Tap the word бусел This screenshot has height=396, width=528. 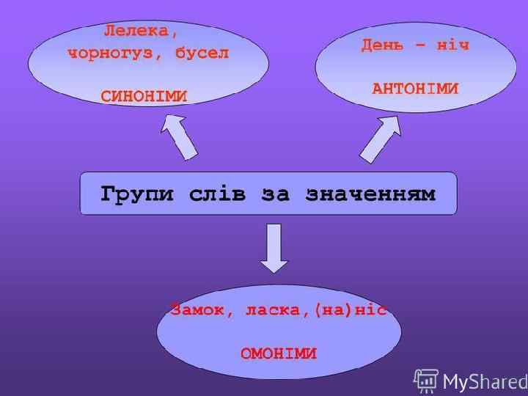(x=202, y=54)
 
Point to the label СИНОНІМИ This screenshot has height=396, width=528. (x=144, y=96)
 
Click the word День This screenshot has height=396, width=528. (x=381, y=45)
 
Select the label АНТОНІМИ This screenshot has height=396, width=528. (x=415, y=89)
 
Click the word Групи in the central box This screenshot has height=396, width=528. (x=137, y=194)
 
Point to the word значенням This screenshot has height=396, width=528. (x=371, y=194)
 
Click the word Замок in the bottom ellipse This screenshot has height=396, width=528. (x=194, y=309)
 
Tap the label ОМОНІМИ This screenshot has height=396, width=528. (x=279, y=353)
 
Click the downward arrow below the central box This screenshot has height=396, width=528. (x=274, y=248)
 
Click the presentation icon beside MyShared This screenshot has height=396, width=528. (x=426, y=380)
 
